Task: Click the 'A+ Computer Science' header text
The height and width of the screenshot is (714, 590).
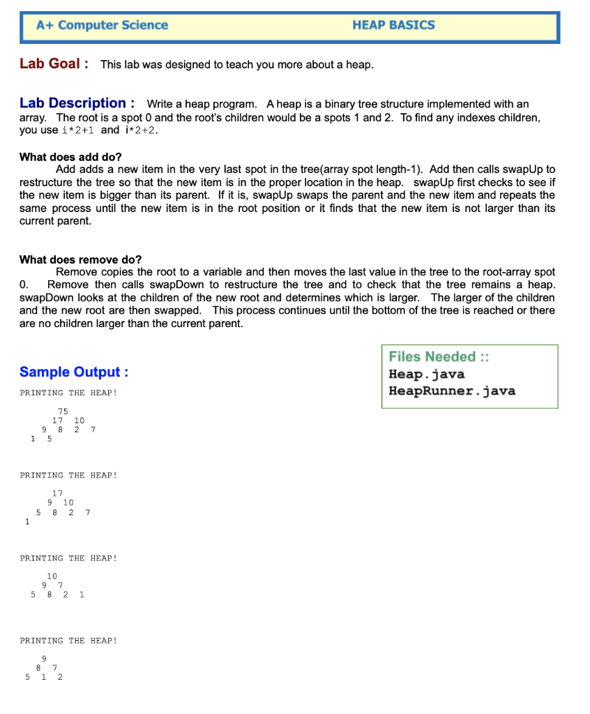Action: pyautogui.click(x=103, y=25)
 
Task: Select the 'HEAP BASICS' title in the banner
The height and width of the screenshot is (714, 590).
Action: pyautogui.click(x=393, y=25)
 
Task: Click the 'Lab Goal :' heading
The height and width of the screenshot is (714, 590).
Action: pyautogui.click(x=54, y=64)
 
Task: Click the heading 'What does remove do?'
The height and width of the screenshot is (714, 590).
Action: pyautogui.click(x=80, y=259)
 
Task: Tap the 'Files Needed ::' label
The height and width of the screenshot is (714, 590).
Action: pyautogui.click(x=439, y=357)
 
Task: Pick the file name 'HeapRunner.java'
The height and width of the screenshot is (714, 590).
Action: pyautogui.click(x=452, y=390)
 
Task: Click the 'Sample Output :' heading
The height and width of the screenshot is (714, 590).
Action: pyautogui.click(x=74, y=372)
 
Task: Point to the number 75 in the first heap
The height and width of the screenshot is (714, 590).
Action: pyautogui.click(x=63, y=411)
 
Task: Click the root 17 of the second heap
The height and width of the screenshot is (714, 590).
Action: pyautogui.click(x=57, y=494)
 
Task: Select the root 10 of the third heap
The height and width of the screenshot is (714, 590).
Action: pyautogui.click(x=52, y=576)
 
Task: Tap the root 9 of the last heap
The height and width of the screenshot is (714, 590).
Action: pyautogui.click(x=44, y=658)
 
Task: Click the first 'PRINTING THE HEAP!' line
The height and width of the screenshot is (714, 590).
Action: pyautogui.click(x=68, y=393)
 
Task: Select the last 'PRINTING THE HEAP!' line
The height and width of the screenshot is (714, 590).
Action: pyautogui.click(x=68, y=640)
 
